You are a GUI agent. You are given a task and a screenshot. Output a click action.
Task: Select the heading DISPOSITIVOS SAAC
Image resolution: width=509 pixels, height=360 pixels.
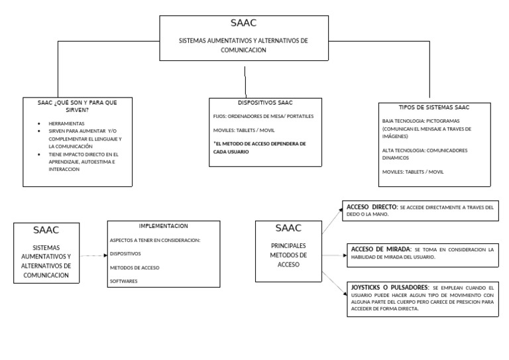tap(265, 103)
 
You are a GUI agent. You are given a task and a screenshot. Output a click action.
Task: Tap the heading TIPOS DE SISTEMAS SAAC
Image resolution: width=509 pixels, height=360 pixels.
tap(434, 107)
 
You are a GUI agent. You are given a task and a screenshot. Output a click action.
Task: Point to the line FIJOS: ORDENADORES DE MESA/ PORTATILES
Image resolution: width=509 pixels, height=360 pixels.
tap(263, 116)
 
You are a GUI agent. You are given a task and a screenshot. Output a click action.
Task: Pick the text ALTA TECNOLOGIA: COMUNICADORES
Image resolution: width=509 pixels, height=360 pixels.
tap(425, 150)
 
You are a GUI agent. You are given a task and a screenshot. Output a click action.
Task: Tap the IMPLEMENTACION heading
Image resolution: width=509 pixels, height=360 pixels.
tap(163, 225)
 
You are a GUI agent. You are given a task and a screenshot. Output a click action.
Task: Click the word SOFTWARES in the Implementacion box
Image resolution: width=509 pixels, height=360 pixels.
tap(125, 281)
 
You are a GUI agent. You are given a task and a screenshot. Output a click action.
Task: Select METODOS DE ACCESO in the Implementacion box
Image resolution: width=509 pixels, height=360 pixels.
tap(135, 267)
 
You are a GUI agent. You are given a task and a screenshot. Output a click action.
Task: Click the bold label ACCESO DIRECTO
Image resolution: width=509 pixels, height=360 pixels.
tap(370, 207)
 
